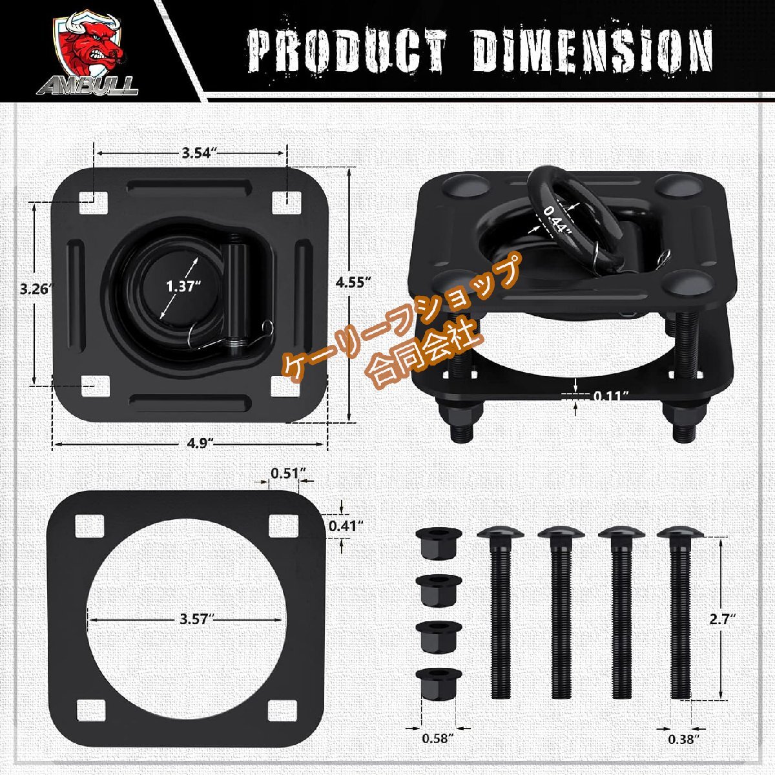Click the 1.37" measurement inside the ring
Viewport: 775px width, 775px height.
tap(183, 286)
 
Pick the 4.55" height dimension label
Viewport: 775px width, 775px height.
tap(353, 282)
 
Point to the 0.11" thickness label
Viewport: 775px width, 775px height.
tap(611, 396)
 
